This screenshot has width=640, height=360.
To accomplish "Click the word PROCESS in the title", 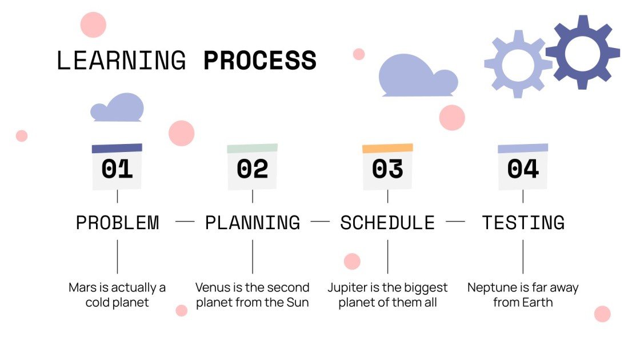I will pyautogui.click(x=259, y=61).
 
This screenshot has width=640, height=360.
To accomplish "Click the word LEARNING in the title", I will pyautogui.click(x=121, y=61).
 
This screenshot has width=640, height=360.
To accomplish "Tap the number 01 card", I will pyautogui.click(x=117, y=168).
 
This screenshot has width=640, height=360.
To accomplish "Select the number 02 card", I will pyautogui.click(x=252, y=169).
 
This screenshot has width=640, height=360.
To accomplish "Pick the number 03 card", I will pyautogui.click(x=387, y=169).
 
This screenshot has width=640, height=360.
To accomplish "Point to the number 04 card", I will pyautogui.click(x=523, y=169).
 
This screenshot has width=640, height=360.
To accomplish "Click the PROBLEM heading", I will pyautogui.click(x=117, y=222).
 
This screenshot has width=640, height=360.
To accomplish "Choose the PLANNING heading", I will pyautogui.click(x=252, y=222).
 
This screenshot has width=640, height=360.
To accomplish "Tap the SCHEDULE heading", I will pyautogui.click(x=387, y=222).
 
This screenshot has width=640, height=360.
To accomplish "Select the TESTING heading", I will pyautogui.click(x=523, y=222).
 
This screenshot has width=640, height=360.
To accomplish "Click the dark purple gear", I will pyautogui.click(x=582, y=52).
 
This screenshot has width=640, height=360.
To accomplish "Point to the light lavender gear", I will pyautogui.click(x=518, y=65).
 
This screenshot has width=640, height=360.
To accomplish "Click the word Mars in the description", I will pyautogui.click(x=81, y=287).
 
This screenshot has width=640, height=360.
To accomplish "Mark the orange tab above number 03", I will pyautogui.click(x=387, y=149).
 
